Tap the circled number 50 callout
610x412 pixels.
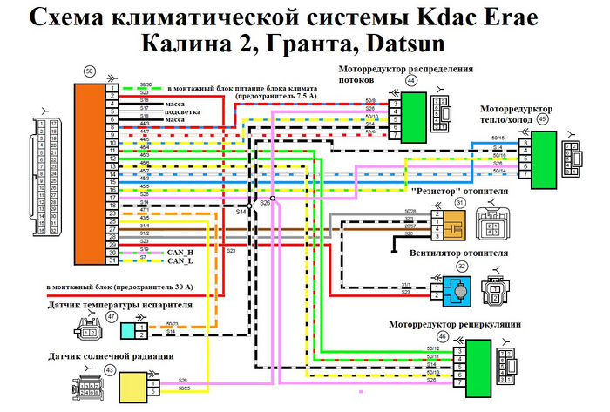coord(90,71)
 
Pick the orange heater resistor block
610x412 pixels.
coord(455,226)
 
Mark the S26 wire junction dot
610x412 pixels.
coord(272,199)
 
